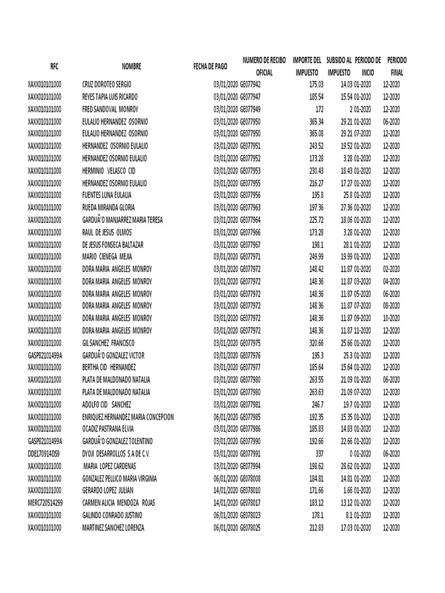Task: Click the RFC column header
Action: click(x=54, y=67)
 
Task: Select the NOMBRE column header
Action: click(x=132, y=67)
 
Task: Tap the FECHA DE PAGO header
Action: click(x=210, y=67)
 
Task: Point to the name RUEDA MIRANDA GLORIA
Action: click(x=108, y=207)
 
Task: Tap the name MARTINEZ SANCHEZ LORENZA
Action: click(x=113, y=528)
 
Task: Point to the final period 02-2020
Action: click(x=392, y=269)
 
